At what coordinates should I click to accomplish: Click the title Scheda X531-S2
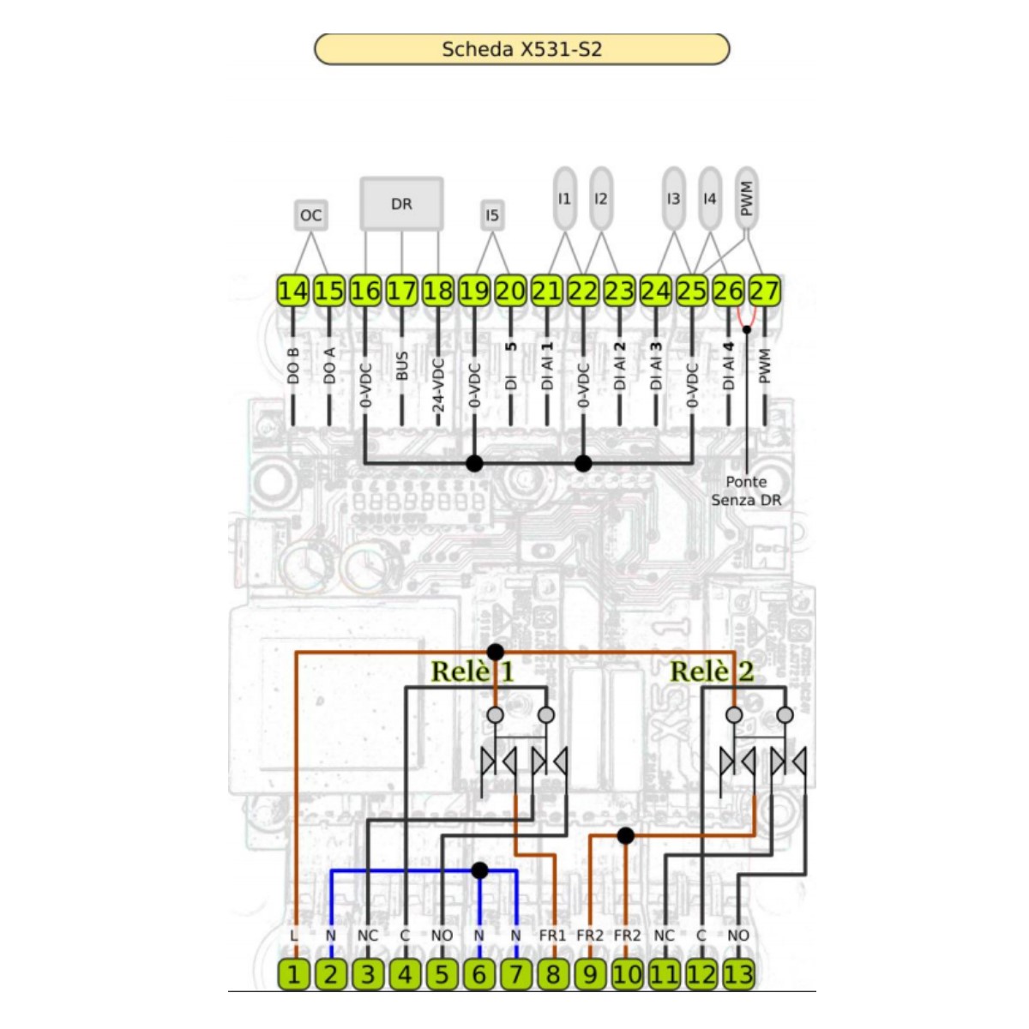point(521,49)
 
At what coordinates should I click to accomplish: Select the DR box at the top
point(401,204)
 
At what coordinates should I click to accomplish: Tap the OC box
point(310,215)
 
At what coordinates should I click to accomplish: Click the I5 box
point(491,215)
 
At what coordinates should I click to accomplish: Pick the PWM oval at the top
point(746,199)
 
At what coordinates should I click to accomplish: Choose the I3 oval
point(673,199)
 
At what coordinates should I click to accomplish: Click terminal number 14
point(292,292)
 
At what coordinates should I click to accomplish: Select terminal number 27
point(764,292)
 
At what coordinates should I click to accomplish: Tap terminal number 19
point(474,292)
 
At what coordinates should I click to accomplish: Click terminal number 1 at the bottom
point(293,974)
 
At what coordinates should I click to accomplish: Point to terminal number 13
point(738,974)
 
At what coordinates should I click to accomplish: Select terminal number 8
point(553,974)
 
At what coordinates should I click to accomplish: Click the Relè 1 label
point(472,671)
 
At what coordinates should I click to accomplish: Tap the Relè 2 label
point(712,671)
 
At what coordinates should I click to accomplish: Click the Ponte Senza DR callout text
point(746,491)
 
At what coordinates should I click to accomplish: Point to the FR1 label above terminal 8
point(553,936)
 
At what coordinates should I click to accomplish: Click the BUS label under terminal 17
point(402,366)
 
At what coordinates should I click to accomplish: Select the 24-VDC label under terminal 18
point(438,385)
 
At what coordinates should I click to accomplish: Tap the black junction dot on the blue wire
point(479,870)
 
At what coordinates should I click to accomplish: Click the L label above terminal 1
point(294,936)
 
